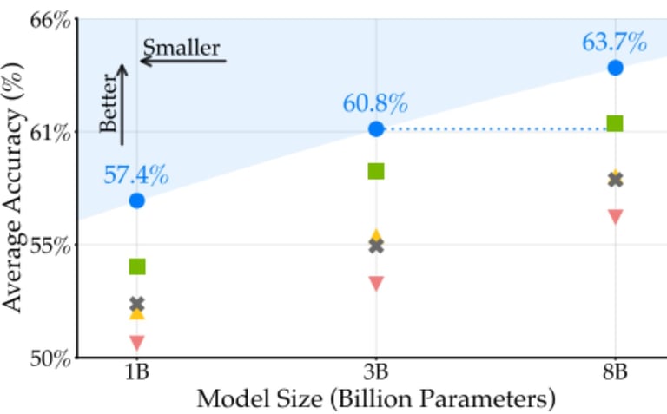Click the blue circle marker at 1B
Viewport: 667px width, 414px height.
[x=136, y=200]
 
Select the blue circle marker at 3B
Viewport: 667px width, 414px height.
[x=376, y=128]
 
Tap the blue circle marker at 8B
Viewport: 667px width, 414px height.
[x=616, y=68]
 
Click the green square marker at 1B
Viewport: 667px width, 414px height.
[x=136, y=266]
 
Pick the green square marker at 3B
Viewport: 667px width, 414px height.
[x=376, y=171]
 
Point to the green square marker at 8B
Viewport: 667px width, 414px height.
[x=616, y=123]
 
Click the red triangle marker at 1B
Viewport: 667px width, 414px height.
[x=136, y=342]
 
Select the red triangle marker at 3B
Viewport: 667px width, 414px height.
[x=376, y=283]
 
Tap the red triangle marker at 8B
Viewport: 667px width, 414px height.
[x=616, y=216]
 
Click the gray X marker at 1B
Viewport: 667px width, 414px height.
[x=136, y=305]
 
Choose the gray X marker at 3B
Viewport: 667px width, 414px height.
[x=376, y=246]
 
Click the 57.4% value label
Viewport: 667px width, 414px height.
[x=136, y=175]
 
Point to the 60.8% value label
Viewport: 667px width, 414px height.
[x=375, y=104]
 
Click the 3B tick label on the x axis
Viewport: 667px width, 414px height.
[x=376, y=373]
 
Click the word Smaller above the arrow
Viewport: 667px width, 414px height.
[x=182, y=47]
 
